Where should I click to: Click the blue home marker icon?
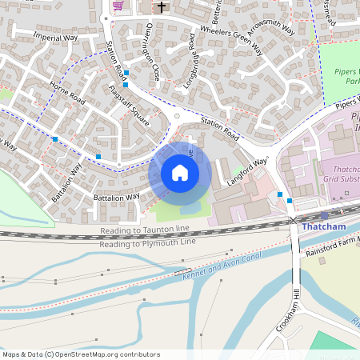coord(180,173)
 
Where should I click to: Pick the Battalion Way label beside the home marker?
coord(116,197)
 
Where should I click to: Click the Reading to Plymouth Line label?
coord(148,241)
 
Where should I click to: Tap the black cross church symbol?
coord(162,7)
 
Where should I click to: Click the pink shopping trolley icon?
coord(118,6)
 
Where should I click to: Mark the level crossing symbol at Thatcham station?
coord(294,219)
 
